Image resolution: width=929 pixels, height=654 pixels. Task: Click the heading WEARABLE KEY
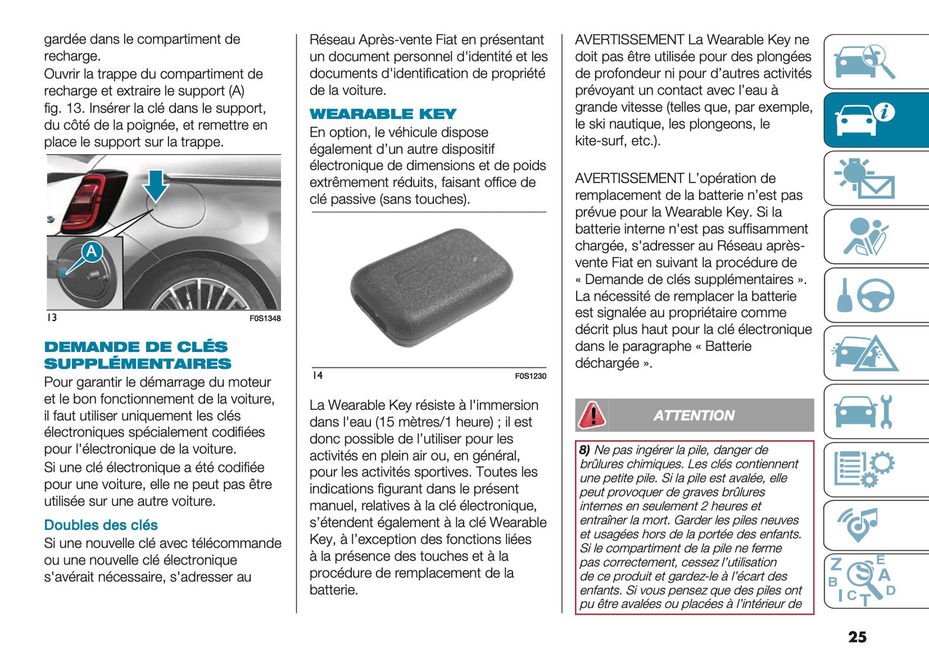(383, 114)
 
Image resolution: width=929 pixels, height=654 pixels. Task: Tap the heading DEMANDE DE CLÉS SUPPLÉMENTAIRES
(137, 355)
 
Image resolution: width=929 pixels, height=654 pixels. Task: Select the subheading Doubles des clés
(101, 526)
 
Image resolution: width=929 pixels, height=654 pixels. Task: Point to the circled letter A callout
(91, 251)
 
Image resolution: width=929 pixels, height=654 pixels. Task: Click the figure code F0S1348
(265, 319)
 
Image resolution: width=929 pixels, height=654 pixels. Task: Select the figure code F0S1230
(530, 376)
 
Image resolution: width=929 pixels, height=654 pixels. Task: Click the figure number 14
(318, 376)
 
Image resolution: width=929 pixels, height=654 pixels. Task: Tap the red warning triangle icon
(591, 415)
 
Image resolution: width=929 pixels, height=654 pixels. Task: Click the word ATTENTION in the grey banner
(694, 416)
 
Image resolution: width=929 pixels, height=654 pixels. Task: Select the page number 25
(857, 637)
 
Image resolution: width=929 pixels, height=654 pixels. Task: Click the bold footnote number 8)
(584, 450)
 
